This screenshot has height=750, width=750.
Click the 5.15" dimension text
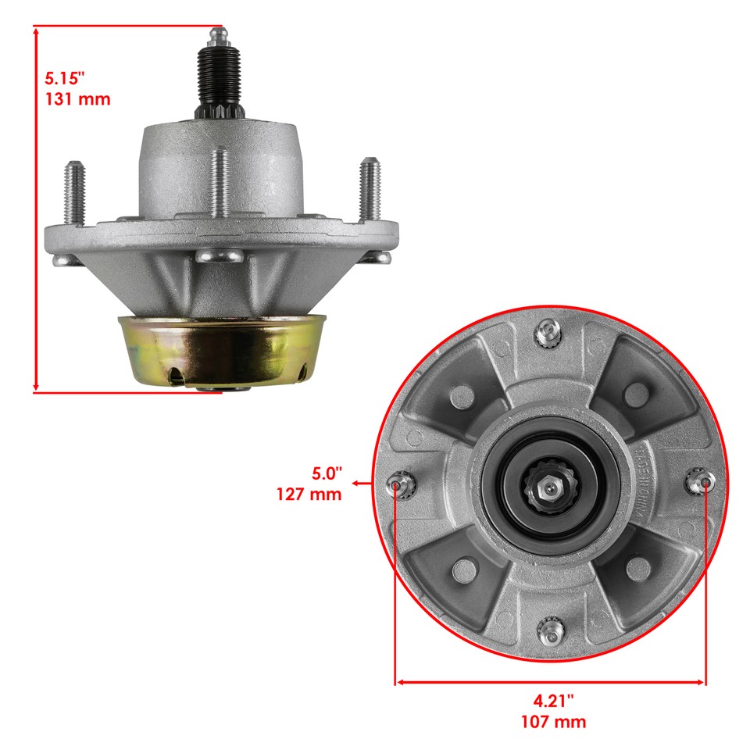63,79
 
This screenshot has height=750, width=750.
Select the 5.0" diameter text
327,473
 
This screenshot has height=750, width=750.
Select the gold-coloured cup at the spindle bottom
222,348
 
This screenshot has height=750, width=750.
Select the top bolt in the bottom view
547,334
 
